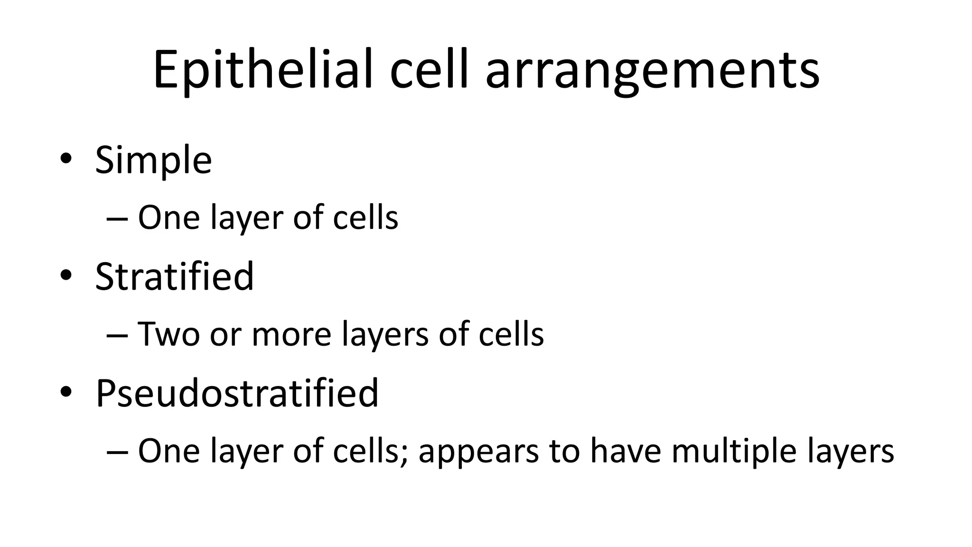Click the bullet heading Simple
pos(153,160)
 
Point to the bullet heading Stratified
pos(174,277)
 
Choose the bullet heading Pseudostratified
pos(237,394)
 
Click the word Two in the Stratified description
pos(168,334)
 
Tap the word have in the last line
pos(625,451)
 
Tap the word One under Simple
pos(168,218)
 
